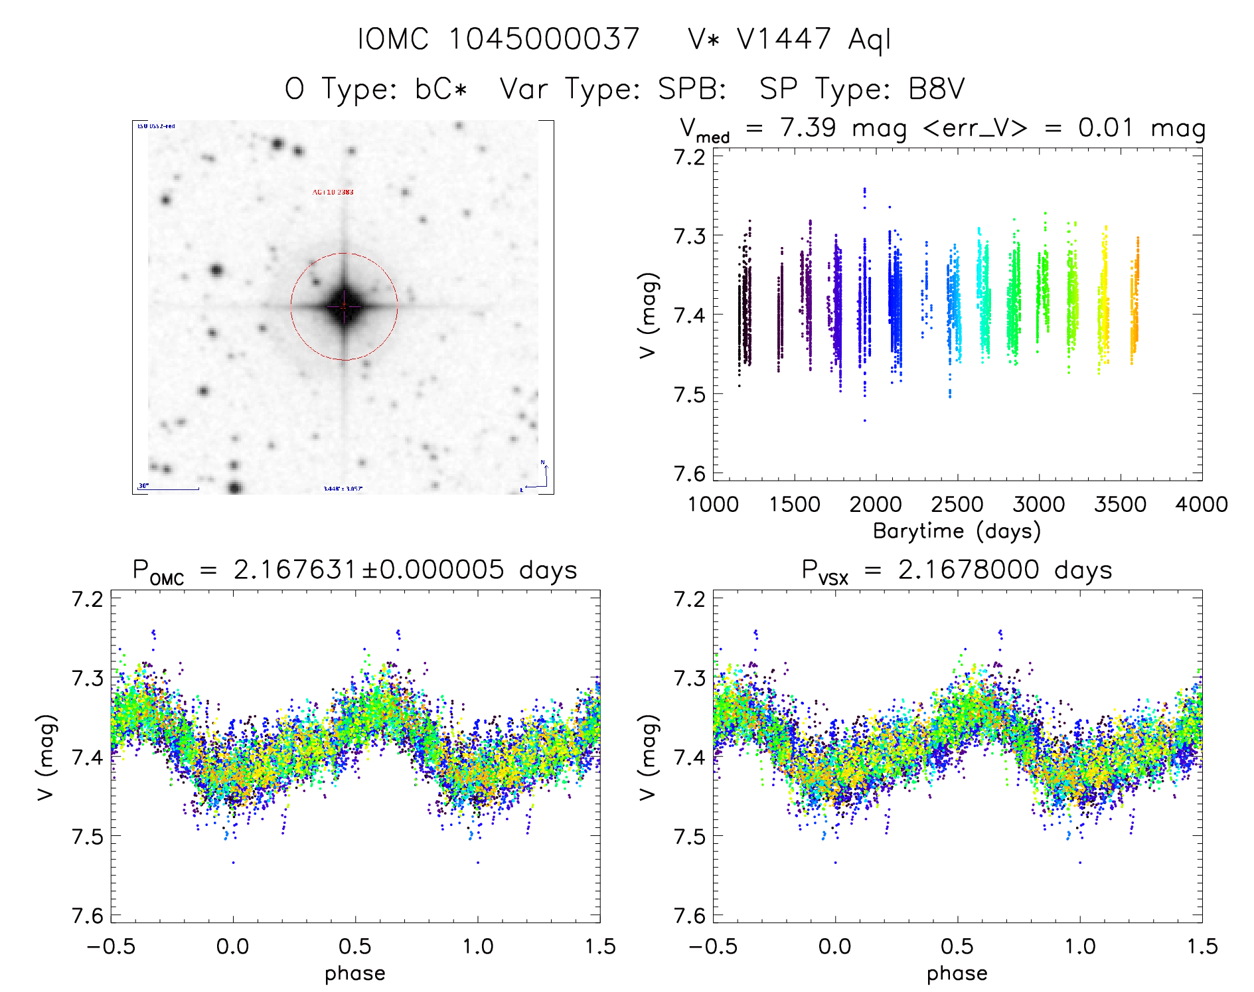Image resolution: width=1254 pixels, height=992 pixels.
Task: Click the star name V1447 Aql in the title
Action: (x=790, y=39)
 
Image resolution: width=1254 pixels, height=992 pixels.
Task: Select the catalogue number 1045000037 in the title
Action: (x=544, y=39)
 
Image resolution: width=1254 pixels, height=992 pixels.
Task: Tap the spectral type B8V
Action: (x=936, y=88)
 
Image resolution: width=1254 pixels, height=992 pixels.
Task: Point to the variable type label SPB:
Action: (x=692, y=88)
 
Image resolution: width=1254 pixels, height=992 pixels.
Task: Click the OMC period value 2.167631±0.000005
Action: (x=368, y=570)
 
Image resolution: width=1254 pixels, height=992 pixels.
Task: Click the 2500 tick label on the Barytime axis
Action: (x=957, y=505)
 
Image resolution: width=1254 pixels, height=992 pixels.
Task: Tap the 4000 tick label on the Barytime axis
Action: (x=1202, y=505)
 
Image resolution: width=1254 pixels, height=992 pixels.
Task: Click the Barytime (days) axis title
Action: (x=957, y=531)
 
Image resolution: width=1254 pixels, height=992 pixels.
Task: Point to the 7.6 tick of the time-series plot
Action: (x=690, y=473)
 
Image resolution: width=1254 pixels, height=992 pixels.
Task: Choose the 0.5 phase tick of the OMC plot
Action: (x=355, y=946)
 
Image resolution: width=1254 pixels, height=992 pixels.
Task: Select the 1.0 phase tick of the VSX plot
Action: (x=1080, y=946)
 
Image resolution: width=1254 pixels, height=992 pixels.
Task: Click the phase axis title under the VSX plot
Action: (x=957, y=973)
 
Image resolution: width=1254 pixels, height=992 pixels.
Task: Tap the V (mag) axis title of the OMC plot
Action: (x=46, y=757)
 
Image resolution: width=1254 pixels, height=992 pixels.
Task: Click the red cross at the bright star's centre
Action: (x=344, y=306)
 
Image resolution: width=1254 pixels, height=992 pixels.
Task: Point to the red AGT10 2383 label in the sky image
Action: (x=333, y=193)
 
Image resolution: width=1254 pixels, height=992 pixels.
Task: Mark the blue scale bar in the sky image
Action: (x=169, y=489)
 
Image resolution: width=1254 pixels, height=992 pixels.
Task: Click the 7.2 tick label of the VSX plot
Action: (x=690, y=599)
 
